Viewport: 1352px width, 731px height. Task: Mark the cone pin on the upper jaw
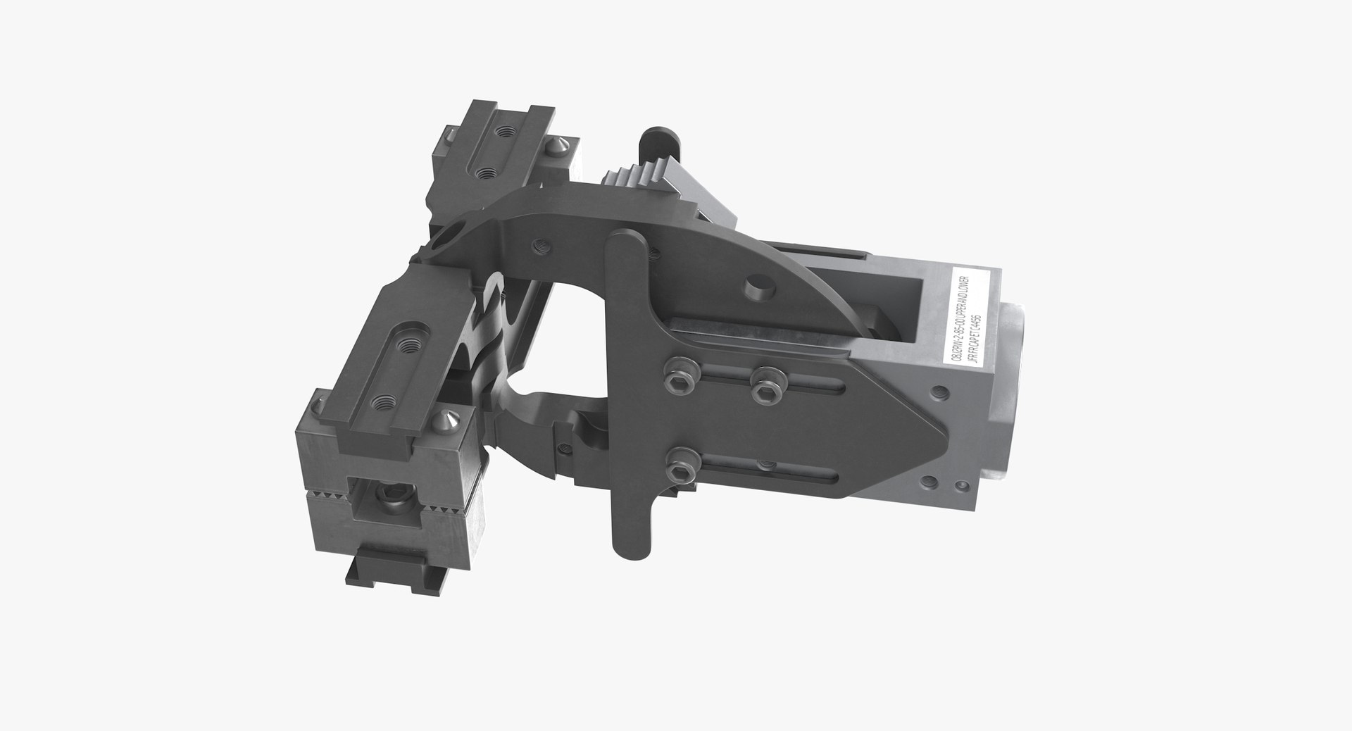[546, 146]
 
